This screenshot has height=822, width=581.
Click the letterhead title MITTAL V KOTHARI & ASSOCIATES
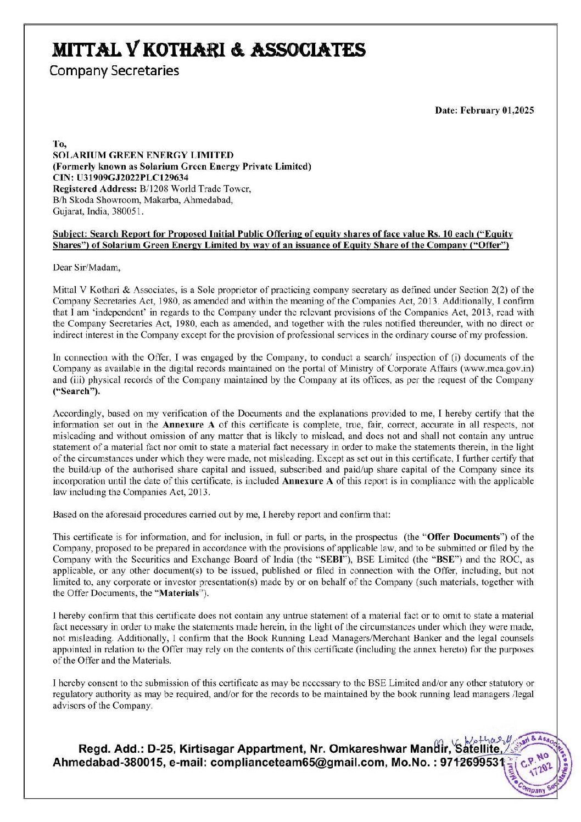pyautogui.click(x=209, y=50)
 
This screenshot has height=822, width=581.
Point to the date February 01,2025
pyautogui.click(x=484, y=110)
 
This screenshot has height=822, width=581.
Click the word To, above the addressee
pyautogui.click(x=59, y=144)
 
